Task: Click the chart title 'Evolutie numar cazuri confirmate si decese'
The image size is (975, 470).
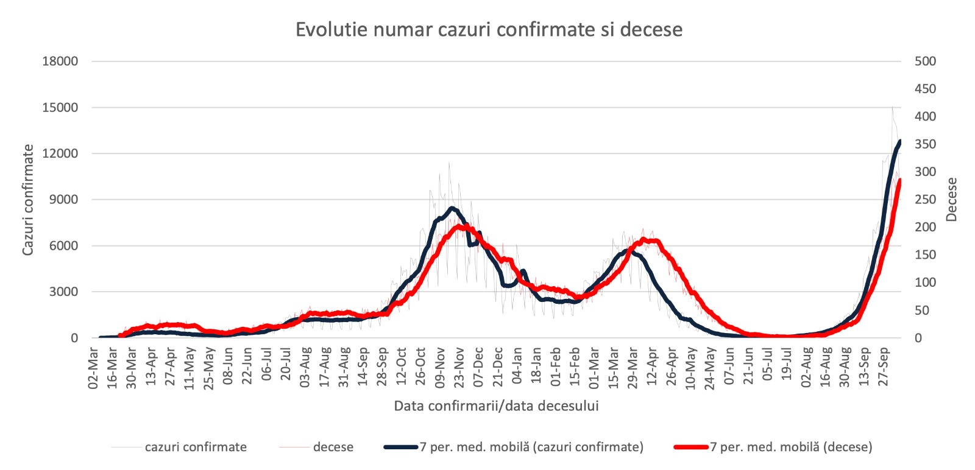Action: pyautogui.click(x=489, y=30)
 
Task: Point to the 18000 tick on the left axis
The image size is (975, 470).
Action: pyautogui.click(x=60, y=61)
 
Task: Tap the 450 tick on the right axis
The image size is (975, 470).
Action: pyautogui.click(x=926, y=89)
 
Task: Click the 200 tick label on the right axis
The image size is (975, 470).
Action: pyautogui.click(x=926, y=227)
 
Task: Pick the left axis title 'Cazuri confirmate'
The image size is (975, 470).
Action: pyautogui.click(x=28, y=200)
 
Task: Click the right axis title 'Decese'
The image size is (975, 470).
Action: pyautogui.click(x=951, y=200)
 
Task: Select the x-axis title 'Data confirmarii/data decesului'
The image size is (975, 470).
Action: pyautogui.click(x=496, y=405)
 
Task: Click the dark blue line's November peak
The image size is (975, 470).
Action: pyautogui.click(x=452, y=208)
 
